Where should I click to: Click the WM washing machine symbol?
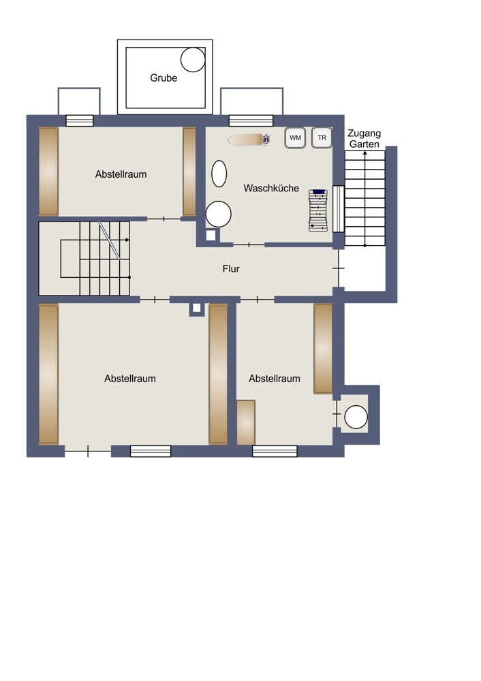coord(296,138)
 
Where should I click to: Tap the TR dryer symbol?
coord(322,138)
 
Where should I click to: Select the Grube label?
coord(164,78)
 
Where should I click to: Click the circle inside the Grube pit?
coord(193,59)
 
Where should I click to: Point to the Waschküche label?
coord(271,188)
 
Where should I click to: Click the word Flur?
coord(231,269)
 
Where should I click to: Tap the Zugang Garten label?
coord(364,138)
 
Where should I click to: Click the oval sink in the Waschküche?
coord(219,174)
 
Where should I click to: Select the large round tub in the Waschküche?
coord(218,214)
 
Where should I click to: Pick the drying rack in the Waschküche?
coord(318,210)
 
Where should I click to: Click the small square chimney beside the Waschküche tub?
coord(211,235)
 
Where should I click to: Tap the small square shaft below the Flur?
coord(196,308)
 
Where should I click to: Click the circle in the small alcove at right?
coord(356,417)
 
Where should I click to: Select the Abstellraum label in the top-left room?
coord(121,174)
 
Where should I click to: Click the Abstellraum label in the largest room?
coord(130,379)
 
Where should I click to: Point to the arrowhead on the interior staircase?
coord(127,240)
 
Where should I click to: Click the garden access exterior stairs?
coord(365,198)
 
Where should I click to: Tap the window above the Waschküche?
coord(251,121)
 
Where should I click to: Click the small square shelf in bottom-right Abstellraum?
coord(246,422)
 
